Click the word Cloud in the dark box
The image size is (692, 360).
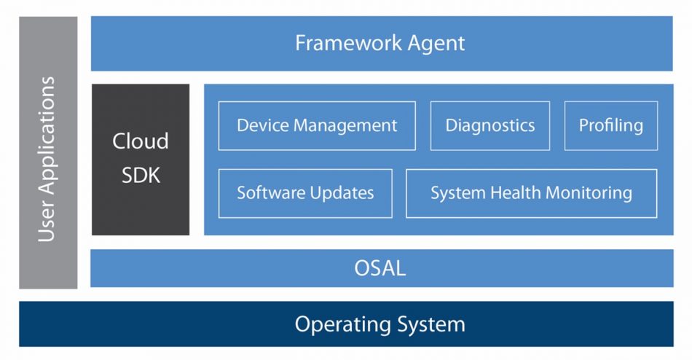(x=141, y=141)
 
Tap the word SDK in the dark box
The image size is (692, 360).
(x=141, y=176)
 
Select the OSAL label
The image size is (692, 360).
(x=380, y=268)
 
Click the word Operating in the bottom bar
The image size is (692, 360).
(x=342, y=325)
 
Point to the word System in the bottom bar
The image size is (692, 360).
(x=430, y=325)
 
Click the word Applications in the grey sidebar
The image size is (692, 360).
(x=47, y=136)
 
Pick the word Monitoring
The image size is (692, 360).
(x=589, y=194)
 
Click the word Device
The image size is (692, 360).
(x=262, y=125)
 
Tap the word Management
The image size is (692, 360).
(x=345, y=126)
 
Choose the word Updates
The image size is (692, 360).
(x=342, y=194)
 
